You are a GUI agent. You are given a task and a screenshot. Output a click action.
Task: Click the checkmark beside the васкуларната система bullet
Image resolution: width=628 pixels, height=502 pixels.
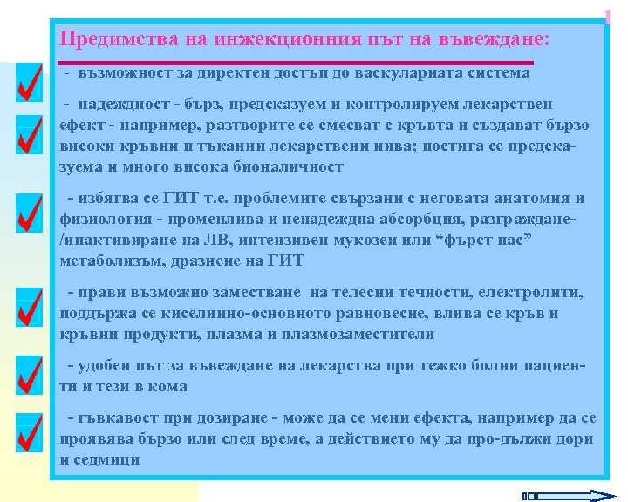[29, 84]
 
